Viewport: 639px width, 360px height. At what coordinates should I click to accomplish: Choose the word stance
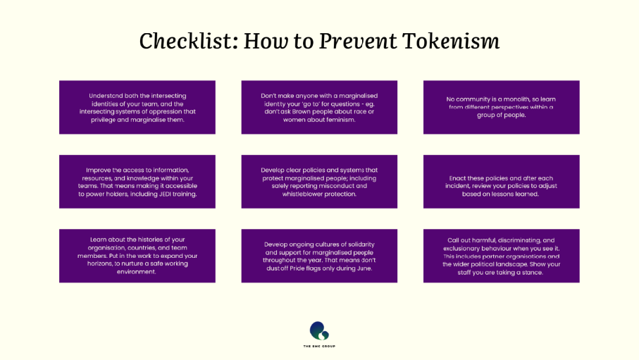click(x=531, y=272)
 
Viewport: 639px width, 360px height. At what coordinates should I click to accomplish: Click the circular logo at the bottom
click(x=319, y=330)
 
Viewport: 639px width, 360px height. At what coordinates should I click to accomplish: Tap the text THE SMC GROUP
click(x=319, y=346)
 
